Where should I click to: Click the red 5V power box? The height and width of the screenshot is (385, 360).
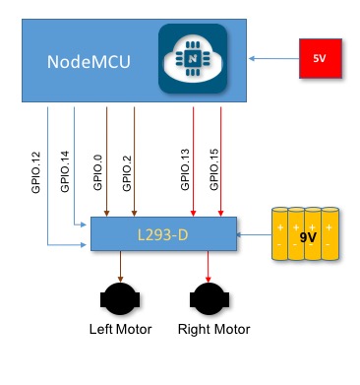[x=319, y=59]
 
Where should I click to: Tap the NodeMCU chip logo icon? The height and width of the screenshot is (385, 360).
[x=193, y=60]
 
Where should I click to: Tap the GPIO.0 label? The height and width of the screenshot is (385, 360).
[x=97, y=169]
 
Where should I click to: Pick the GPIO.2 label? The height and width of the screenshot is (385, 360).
[x=126, y=169]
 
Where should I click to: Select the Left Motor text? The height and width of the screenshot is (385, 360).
[x=121, y=329]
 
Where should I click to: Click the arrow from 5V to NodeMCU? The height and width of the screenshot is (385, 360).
[x=273, y=59]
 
